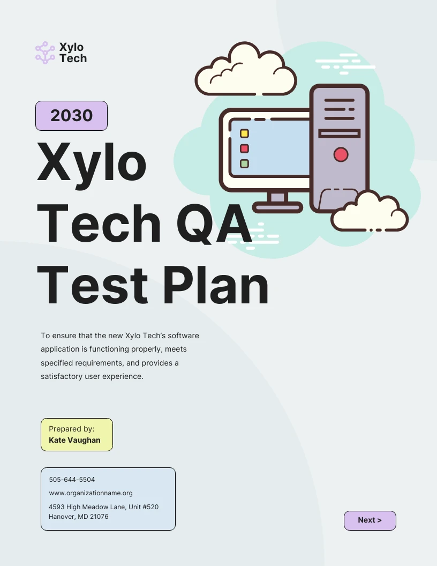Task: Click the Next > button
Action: click(370, 520)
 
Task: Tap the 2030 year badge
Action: click(71, 116)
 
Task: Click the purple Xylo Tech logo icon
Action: click(45, 53)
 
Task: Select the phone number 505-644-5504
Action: click(72, 480)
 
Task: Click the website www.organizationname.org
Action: click(91, 493)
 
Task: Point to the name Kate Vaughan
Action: click(74, 440)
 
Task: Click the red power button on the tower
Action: click(341, 155)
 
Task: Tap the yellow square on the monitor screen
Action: click(244, 133)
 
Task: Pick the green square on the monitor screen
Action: click(244, 163)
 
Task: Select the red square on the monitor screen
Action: click(244, 148)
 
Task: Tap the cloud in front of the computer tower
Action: click(370, 213)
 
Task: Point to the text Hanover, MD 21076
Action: click(79, 517)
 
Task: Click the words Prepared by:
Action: click(72, 429)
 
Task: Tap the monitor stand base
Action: click(277, 207)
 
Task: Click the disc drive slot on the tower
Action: click(340, 133)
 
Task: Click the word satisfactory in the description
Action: click(62, 376)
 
